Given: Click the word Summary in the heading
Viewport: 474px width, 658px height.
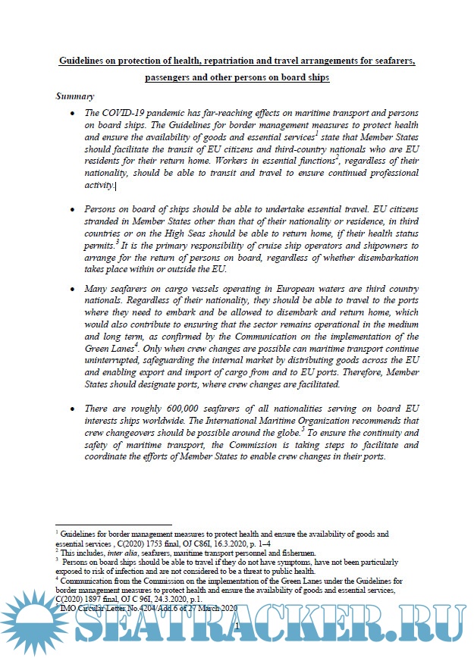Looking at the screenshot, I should pyautogui.click(x=75, y=96).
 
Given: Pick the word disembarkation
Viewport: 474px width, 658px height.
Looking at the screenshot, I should pyautogui.click(x=368, y=258).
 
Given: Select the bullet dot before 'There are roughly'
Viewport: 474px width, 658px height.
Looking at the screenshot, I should pyautogui.click(x=73, y=409).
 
